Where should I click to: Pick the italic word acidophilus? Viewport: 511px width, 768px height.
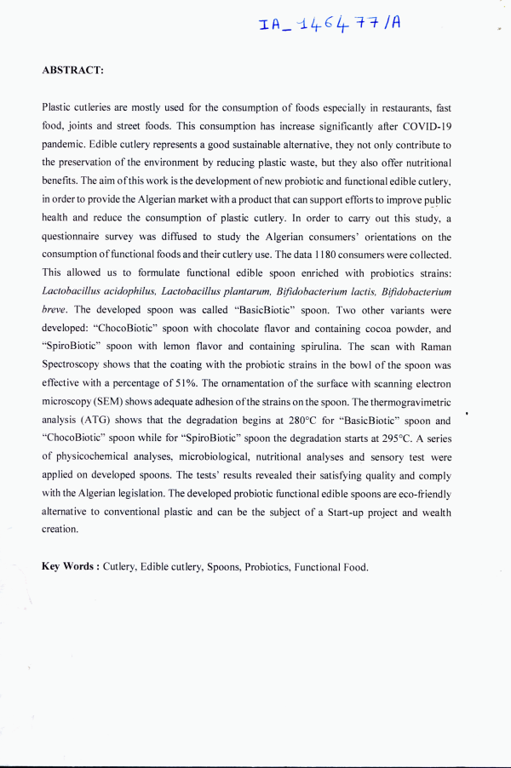pyautogui.click(x=129, y=290)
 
